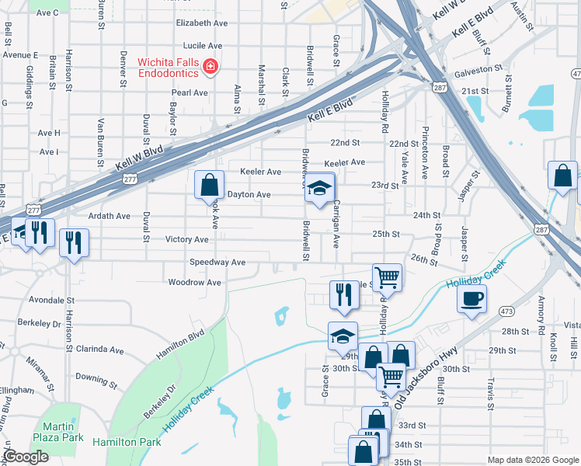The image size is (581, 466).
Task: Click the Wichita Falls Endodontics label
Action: click(x=169, y=68)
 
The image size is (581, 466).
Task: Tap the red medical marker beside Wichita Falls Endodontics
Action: click(x=209, y=68)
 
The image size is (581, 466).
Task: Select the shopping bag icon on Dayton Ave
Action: click(x=209, y=186)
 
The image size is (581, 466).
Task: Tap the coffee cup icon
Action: click(x=471, y=299)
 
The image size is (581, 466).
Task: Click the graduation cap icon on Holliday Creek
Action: click(x=343, y=336)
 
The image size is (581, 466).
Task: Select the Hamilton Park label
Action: click(x=127, y=442)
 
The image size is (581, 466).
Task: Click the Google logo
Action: click(x=26, y=457)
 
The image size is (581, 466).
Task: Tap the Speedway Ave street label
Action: click(x=217, y=263)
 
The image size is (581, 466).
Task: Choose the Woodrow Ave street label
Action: click(x=195, y=283)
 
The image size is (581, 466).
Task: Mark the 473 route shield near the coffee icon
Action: click(x=506, y=310)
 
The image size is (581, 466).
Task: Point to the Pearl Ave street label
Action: click(x=190, y=92)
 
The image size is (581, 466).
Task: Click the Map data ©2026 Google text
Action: click(x=532, y=459)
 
